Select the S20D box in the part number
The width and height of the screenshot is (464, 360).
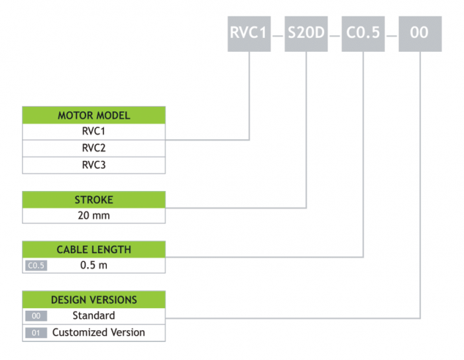pyautogui.click(x=307, y=32)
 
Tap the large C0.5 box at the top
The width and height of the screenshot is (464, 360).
pyautogui.click(x=363, y=32)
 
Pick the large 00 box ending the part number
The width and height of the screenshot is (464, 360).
pyautogui.click(x=420, y=32)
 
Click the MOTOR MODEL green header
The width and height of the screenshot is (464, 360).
pyautogui.click(x=94, y=115)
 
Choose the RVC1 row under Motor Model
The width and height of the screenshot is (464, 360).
pyautogui.click(x=94, y=131)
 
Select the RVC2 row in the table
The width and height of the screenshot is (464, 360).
pyautogui.click(x=94, y=148)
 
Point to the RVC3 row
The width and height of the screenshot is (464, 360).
pyautogui.click(x=94, y=164)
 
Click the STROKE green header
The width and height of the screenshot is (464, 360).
pyautogui.click(x=94, y=200)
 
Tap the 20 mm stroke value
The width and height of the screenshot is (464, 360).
pyautogui.click(x=94, y=215)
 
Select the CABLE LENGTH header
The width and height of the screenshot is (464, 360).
pyautogui.click(x=94, y=249)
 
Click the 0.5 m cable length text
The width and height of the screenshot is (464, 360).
pyautogui.click(x=94, y=265)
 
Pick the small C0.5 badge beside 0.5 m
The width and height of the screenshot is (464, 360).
pyautogui.click(x=36, y=266)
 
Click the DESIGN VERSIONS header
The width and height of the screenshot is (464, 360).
pyautogui.click(x=94, y=299)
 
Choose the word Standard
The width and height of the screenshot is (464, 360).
pyautogui.click(x=94, y=316)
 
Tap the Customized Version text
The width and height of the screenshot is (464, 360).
pyautogui.click(x=99, y=332)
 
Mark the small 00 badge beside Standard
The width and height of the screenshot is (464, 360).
pyautogui.click(x=36, y=316)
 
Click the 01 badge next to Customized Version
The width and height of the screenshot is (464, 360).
pyautogui.click(x=36, y=333)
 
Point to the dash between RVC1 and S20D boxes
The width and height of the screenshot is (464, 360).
pyautogui.click(x=278, y=32)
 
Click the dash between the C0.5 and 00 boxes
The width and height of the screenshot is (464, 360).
pyautogui.click(x=391, y=32)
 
